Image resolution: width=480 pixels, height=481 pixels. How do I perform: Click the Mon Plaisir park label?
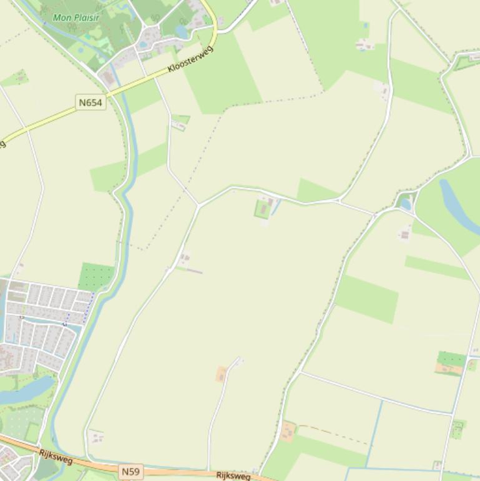click(x=76, y=17)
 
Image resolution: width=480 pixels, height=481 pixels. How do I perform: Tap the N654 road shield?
click(x=91, y=102)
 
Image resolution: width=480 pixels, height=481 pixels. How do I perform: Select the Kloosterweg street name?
click(x=190, y=59)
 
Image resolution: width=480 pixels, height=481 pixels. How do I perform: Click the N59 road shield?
click(x=130, y=471)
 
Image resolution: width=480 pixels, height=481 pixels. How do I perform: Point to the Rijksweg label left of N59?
click(x=56, y=457)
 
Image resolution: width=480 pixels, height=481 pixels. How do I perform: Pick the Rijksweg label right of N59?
click(x=233, y=476)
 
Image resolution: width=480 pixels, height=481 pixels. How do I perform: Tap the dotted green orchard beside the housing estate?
click(x=97, y=276)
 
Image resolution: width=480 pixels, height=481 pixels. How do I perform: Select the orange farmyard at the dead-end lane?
click(x=221, y=374)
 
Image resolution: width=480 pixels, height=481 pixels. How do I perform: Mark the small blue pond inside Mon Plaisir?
click(x=182, y=31)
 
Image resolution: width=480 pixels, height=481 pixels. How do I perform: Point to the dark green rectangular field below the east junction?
click(x=367, y=299)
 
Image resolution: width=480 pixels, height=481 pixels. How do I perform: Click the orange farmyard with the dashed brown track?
click(x=288, y=430)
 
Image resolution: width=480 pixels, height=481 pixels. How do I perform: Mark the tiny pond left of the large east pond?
click(x=406, y=204)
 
